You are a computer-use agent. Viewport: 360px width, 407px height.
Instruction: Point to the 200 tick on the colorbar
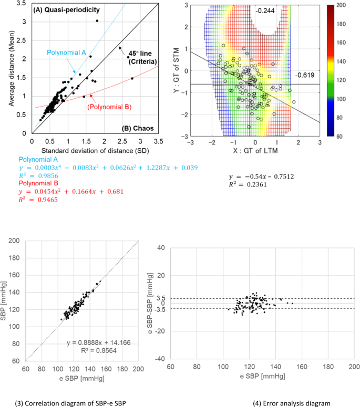tap(344, 5)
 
